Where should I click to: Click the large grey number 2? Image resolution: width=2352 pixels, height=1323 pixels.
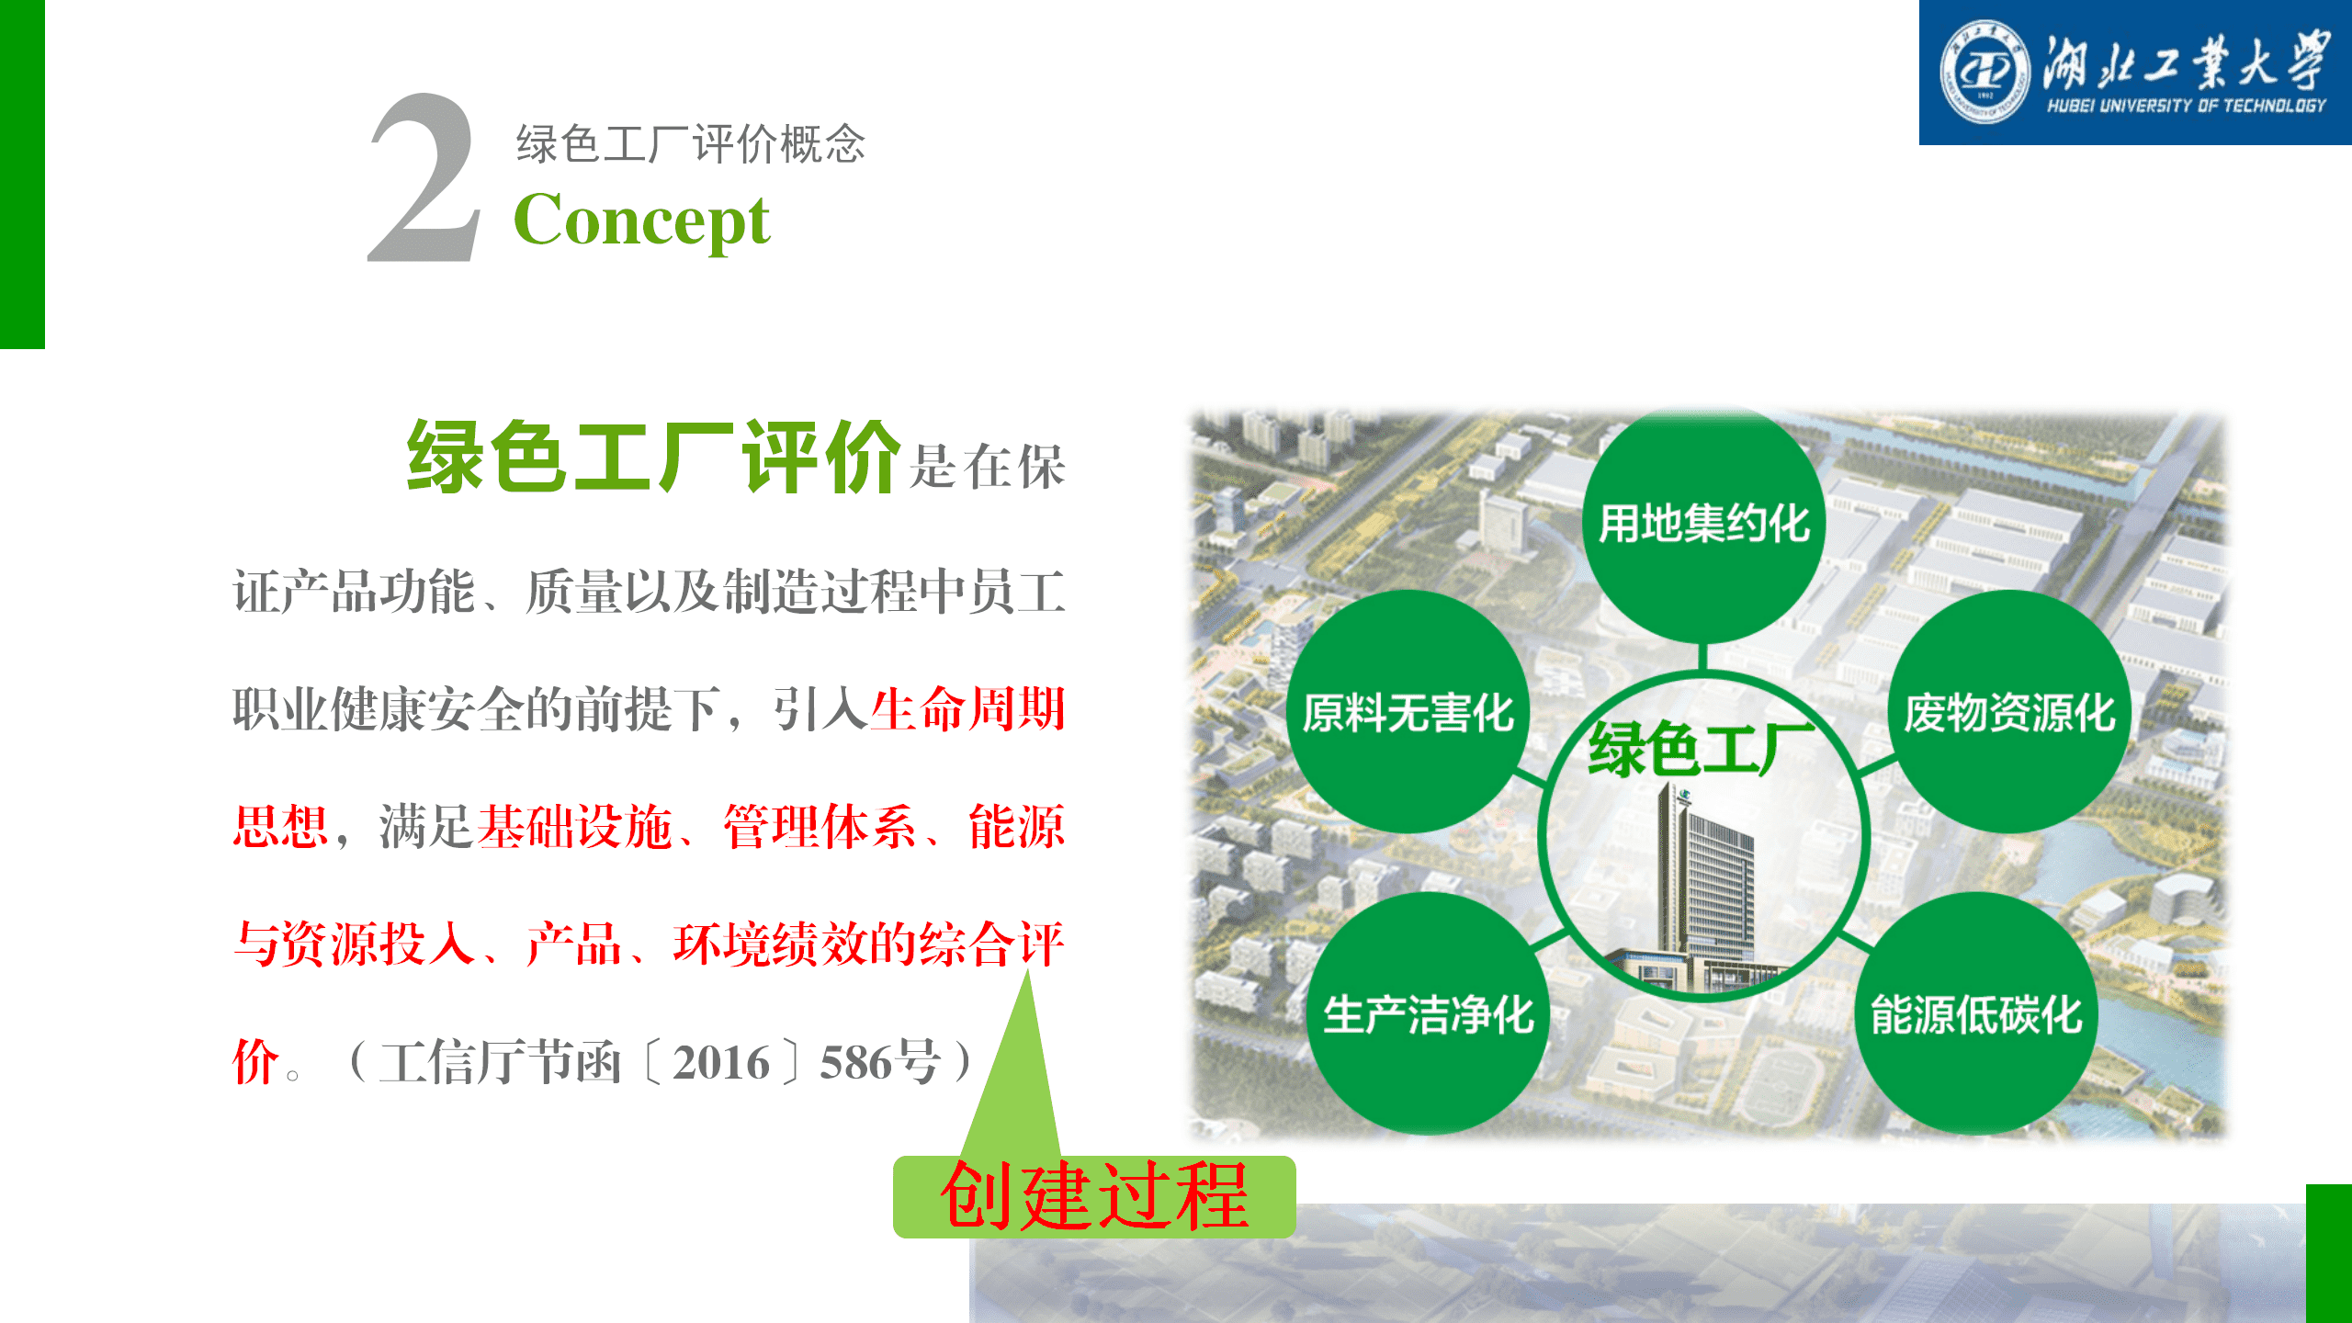(424, 178)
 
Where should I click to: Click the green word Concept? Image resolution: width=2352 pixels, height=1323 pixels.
(641, 220)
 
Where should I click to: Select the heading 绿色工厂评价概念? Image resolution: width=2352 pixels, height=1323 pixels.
(691, 143)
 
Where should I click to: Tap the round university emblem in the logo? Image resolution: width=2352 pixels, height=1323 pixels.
(1984, 72)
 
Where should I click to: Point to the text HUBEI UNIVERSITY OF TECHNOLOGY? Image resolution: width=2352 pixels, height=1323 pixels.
(2187, 106)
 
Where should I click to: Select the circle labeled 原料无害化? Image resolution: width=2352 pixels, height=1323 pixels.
(1408, 712)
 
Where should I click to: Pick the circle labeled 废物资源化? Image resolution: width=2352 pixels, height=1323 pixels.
(2009, 712)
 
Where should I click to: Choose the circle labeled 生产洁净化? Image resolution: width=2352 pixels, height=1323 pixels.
(1429, 1013)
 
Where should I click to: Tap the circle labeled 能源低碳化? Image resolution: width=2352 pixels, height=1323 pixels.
(1976, 1013)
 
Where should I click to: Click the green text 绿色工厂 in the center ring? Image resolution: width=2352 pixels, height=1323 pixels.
(1702, 749)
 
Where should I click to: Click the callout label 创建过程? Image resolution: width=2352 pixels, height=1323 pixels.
(1094, 1196)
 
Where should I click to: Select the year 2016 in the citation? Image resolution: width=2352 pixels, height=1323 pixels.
(721, 1063)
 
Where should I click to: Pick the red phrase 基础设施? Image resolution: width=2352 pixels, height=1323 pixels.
(575, 826)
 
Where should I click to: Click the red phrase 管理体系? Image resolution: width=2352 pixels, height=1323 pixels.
(820, 826)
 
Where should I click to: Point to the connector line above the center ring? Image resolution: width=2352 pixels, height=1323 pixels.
(1703, 657)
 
